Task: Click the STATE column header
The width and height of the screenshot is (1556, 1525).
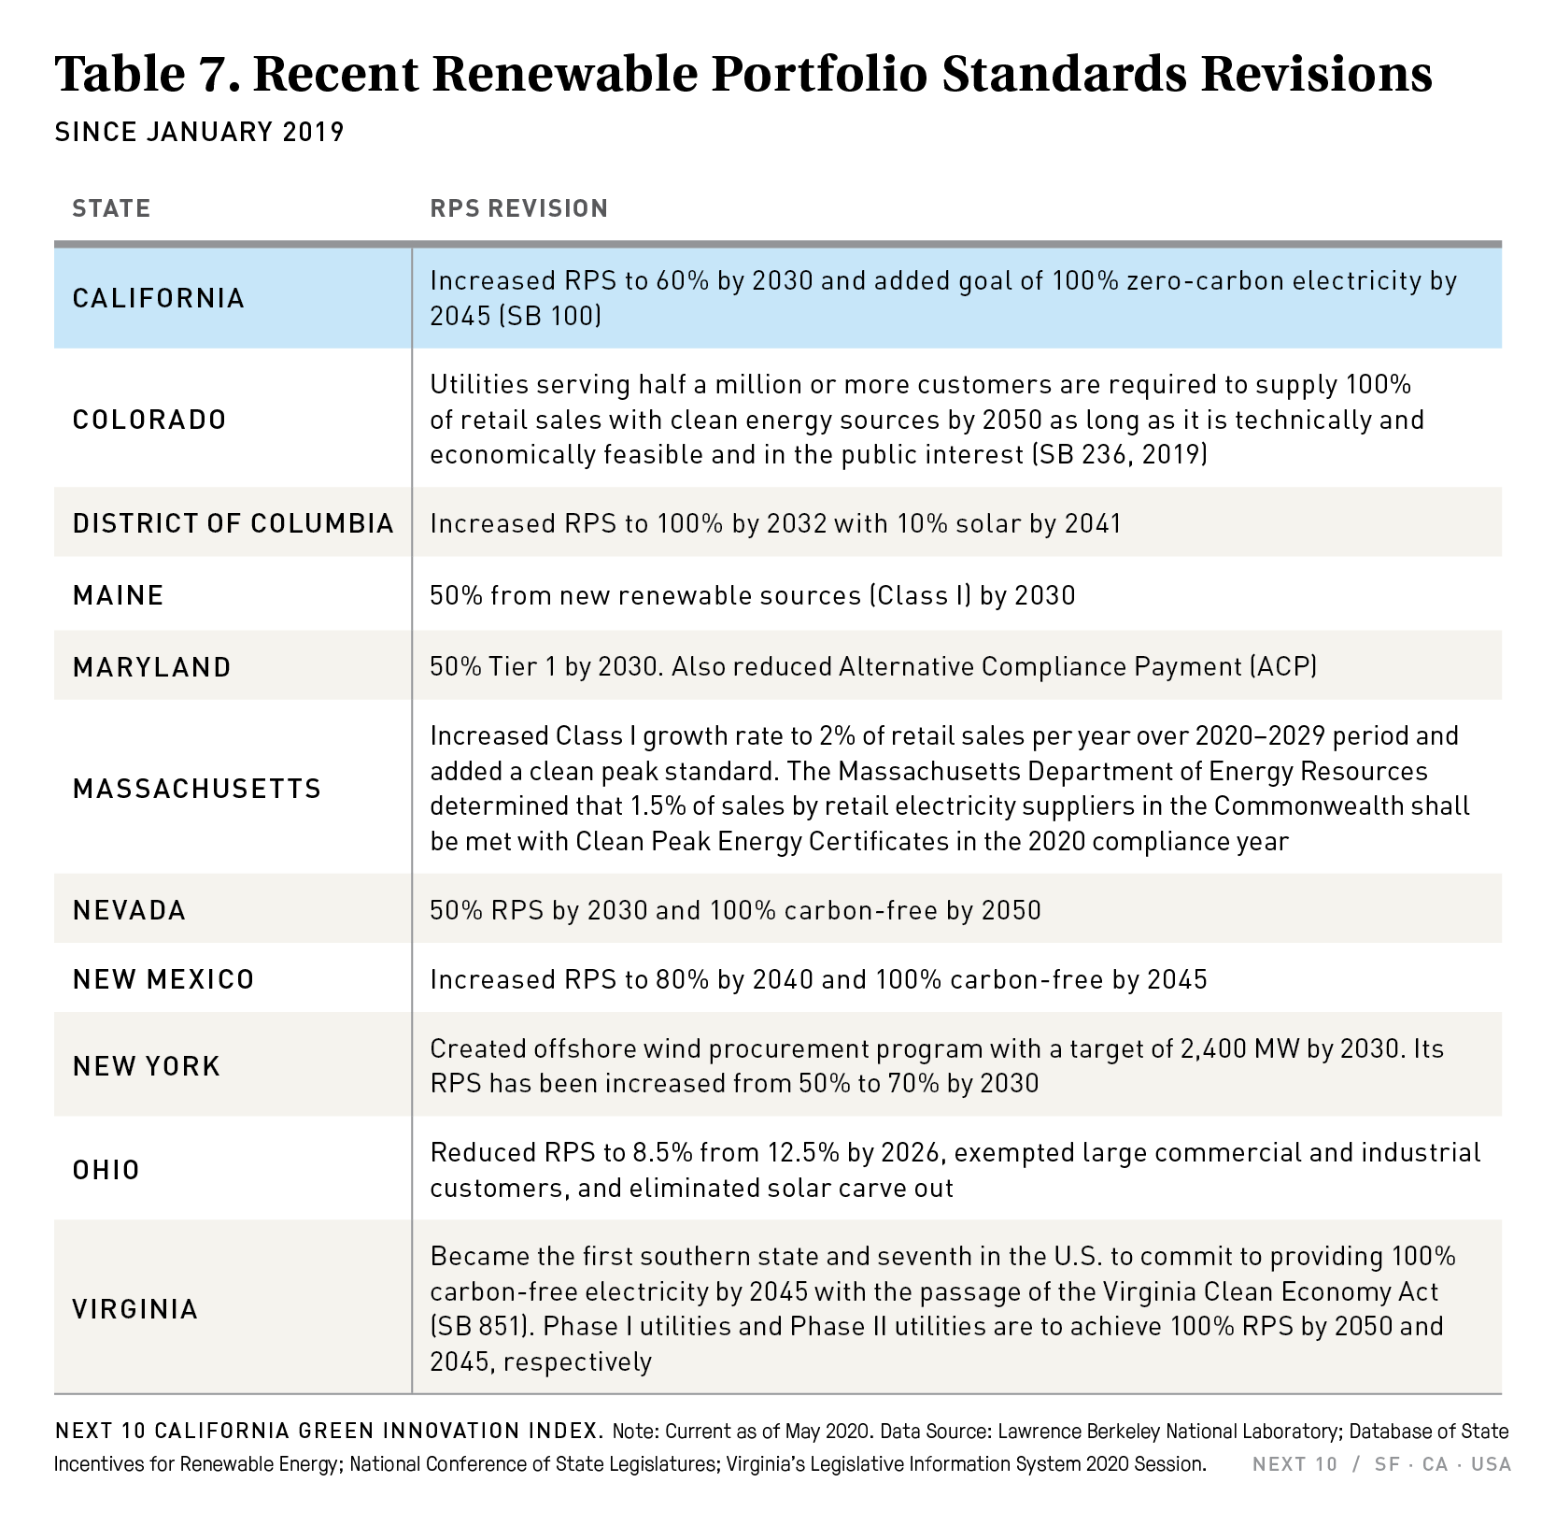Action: [111, 207]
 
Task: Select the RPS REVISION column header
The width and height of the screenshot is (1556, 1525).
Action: [518, 207]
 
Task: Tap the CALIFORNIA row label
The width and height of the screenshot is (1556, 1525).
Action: [159, 298]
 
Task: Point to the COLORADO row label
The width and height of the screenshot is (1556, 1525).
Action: [149, 420]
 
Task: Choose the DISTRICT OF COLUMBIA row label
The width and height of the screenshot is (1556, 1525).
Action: [233, 523]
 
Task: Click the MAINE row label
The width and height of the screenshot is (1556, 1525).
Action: [118, 595]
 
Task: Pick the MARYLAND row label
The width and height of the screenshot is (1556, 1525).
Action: [151, 667]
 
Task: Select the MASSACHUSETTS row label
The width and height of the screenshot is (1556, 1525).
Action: [196, 789]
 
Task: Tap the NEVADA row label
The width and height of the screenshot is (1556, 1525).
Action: [129, 910]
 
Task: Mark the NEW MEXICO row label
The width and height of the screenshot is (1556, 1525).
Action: [163, 979]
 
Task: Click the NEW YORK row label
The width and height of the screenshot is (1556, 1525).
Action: [147, 1066]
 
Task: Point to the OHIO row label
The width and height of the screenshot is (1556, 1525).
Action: [106, 1170]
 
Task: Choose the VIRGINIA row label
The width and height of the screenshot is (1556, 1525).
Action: [135, 1308]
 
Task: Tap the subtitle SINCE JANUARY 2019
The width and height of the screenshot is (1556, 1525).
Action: [199, 132]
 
